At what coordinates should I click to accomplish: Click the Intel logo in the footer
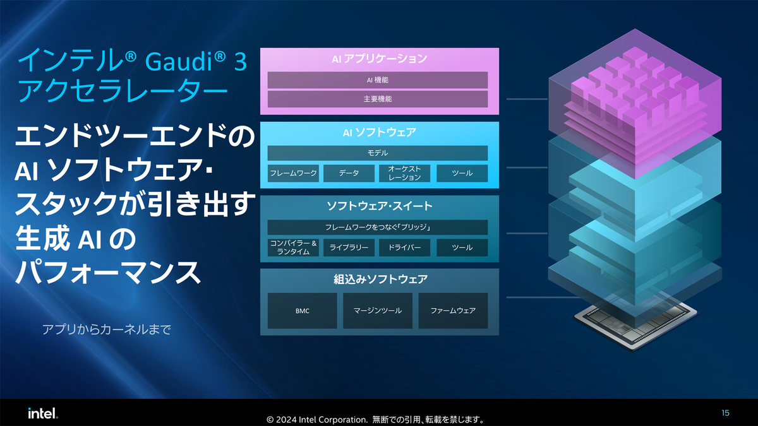[x=43, y=413]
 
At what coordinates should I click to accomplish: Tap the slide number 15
[x=725, y=413]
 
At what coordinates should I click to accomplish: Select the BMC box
[x=302, y=311]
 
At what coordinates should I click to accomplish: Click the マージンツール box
[x=378, y=311]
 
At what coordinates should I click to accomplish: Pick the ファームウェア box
[x=453, y=311]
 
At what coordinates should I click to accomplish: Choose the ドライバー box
[x=404, y=247]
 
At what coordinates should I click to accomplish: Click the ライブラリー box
[x=349, y=247]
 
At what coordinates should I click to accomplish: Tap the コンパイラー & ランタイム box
[x=293, y=247]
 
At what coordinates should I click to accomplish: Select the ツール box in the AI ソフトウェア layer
[x=462, y=173]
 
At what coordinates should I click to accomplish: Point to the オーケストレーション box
[x=404, y=173]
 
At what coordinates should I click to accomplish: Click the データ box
[x=349, y=173]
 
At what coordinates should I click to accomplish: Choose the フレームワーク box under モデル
[x=293, y=173]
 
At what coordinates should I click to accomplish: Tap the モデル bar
[x=378, y=153]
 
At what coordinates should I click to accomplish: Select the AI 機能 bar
[x=378, y=80]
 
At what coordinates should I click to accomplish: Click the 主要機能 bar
[x=378, y=99]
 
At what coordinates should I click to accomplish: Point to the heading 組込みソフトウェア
[x=380, y=279]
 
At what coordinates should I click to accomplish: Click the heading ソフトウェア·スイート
[x=380, y=206]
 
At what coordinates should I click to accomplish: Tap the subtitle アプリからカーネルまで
[x=107, y=329]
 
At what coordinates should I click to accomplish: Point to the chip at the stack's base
[x=635, y=325]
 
